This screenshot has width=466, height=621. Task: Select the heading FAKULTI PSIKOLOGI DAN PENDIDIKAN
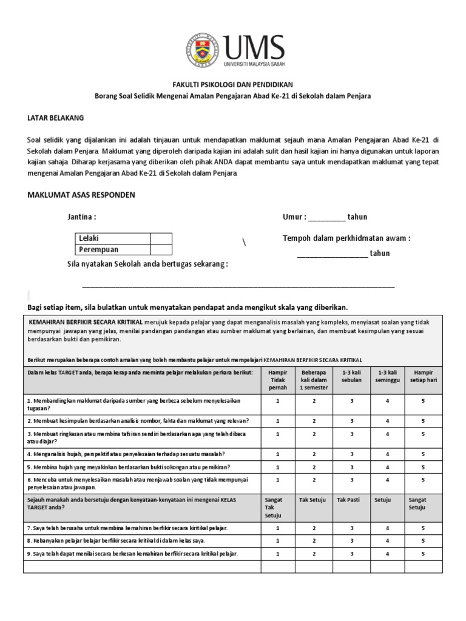[233, 86]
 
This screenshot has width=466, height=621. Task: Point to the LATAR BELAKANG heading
[56, 117]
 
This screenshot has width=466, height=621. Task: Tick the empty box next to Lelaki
[161, 239]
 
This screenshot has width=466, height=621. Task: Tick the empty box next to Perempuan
[161, 249]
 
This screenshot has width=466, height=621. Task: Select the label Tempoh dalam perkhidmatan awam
[346, 238]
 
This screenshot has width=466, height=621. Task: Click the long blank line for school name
[238, 285]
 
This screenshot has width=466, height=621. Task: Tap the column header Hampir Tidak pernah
[277, 380]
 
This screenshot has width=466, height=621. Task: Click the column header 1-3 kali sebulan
[351, 375]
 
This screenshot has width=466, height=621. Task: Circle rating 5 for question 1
[424, 401]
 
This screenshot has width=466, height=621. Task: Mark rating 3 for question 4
[351, 454]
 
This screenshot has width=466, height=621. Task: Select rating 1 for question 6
[277, 480]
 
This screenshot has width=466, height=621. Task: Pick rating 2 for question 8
[314, 540]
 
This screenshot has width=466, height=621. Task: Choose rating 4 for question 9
[387, 553]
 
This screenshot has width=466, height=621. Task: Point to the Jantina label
[81, 217]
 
